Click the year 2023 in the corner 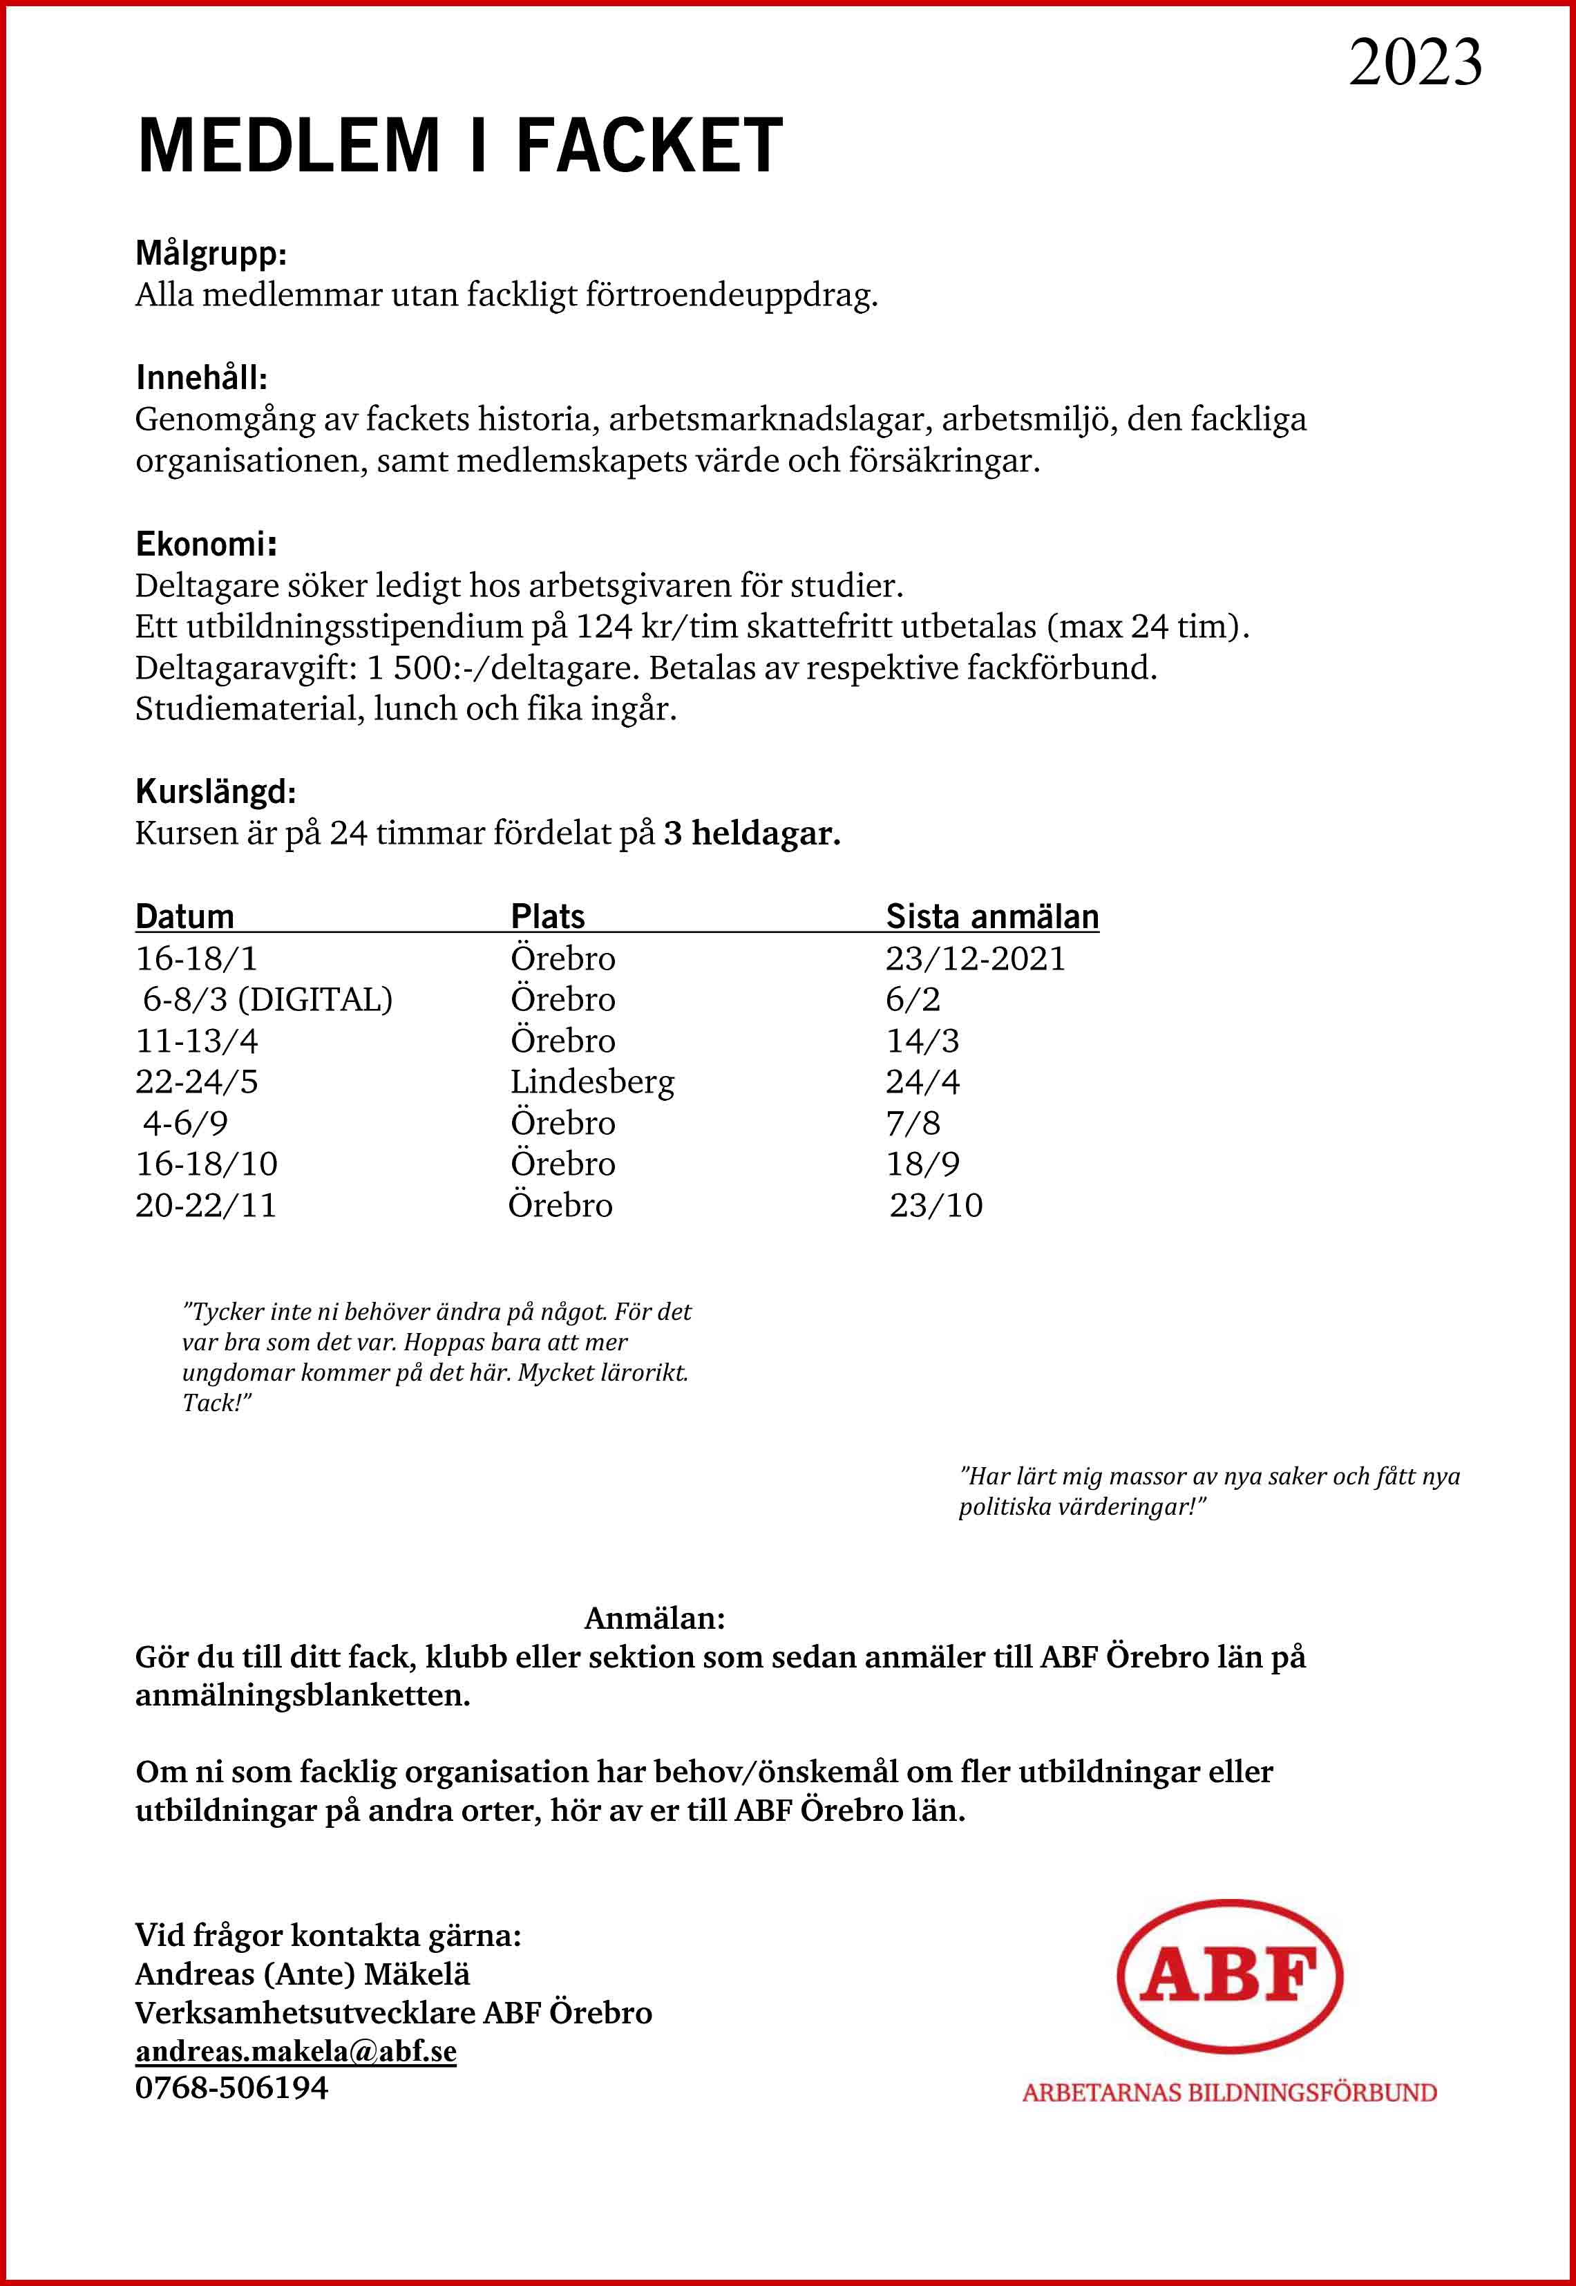coord(1414,62)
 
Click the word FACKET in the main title coord(649,146)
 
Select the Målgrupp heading coord(210,254)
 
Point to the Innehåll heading coord(202,377)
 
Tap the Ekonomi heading coord(205,543)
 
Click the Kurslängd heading coord(216,791)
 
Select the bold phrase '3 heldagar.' coord(752,833)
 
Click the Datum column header coord(184,916)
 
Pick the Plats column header coord(547,916)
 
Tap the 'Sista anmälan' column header coord(991,916)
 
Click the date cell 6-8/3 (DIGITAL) coord(267,999)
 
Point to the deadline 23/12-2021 coord(975,959)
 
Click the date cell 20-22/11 coord(205,1206)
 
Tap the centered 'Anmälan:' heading coord(655,1618)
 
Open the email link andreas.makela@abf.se coord(295,2051)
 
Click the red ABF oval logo coord(1229,1974)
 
